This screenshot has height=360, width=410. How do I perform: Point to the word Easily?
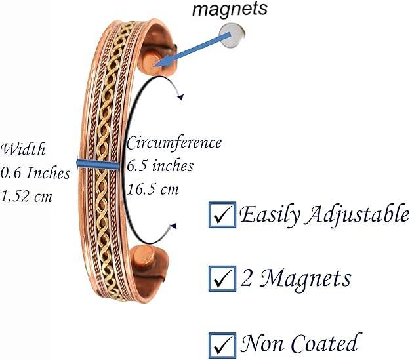pos(264,215)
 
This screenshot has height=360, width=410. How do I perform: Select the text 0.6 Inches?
pos(33,173)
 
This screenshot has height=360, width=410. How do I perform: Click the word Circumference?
pos(174,142)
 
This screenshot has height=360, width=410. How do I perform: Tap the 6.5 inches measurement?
pos(160,166)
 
